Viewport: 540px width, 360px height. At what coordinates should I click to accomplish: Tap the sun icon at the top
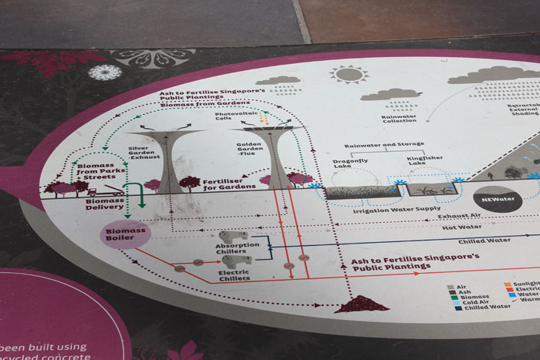pos(349,74)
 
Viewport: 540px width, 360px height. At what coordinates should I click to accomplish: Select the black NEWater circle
pos(498,198)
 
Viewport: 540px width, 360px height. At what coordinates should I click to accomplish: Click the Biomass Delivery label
pos(105,203)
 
